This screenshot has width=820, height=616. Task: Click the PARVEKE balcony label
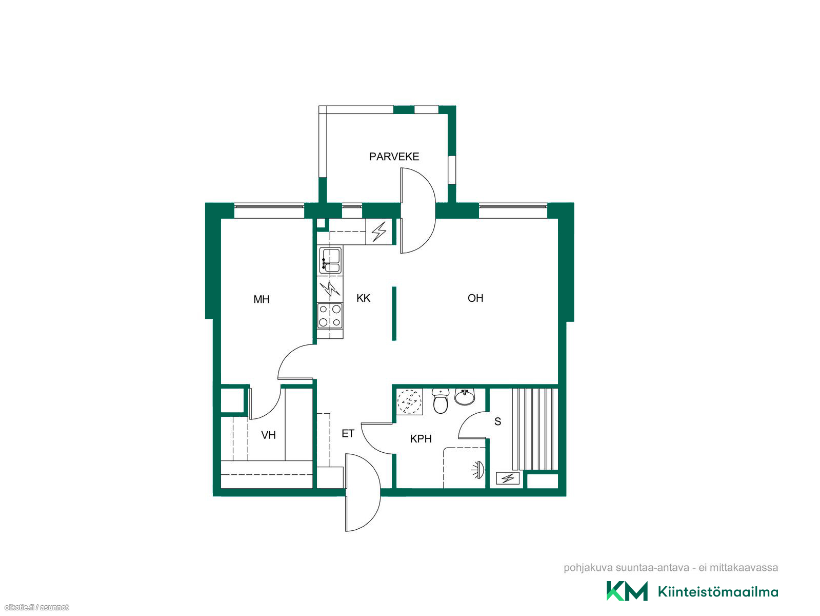click(x=394, y=156)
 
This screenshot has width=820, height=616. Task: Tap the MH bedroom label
click(x=261, y=299)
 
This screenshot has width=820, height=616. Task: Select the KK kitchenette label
click(x=363, y=298)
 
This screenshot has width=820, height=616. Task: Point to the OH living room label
click(x=475, y=298)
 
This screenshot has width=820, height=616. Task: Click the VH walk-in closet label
click(x=268, y=435)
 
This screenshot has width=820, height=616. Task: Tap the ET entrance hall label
click(x=348, y=434)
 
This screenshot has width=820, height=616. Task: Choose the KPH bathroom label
click(x=421, y=439)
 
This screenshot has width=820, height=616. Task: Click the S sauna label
click(x=497, y=421)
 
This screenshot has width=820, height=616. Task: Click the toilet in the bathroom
click(x=441, y=401)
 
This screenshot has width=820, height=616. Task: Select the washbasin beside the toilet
click(x=464, y=397)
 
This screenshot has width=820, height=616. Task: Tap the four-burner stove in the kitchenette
click(x=330, y=316)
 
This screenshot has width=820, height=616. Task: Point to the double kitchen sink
click(x=330, y=259)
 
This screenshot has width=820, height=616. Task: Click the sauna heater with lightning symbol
click(x=508, y=478)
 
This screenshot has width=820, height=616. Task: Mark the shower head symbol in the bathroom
click(x=479, y=470)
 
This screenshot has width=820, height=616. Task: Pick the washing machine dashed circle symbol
click(x=409, y=402)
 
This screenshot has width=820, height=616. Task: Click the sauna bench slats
click(x=535, y=429)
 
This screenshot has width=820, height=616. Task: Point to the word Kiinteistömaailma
click(x=718, y=592)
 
